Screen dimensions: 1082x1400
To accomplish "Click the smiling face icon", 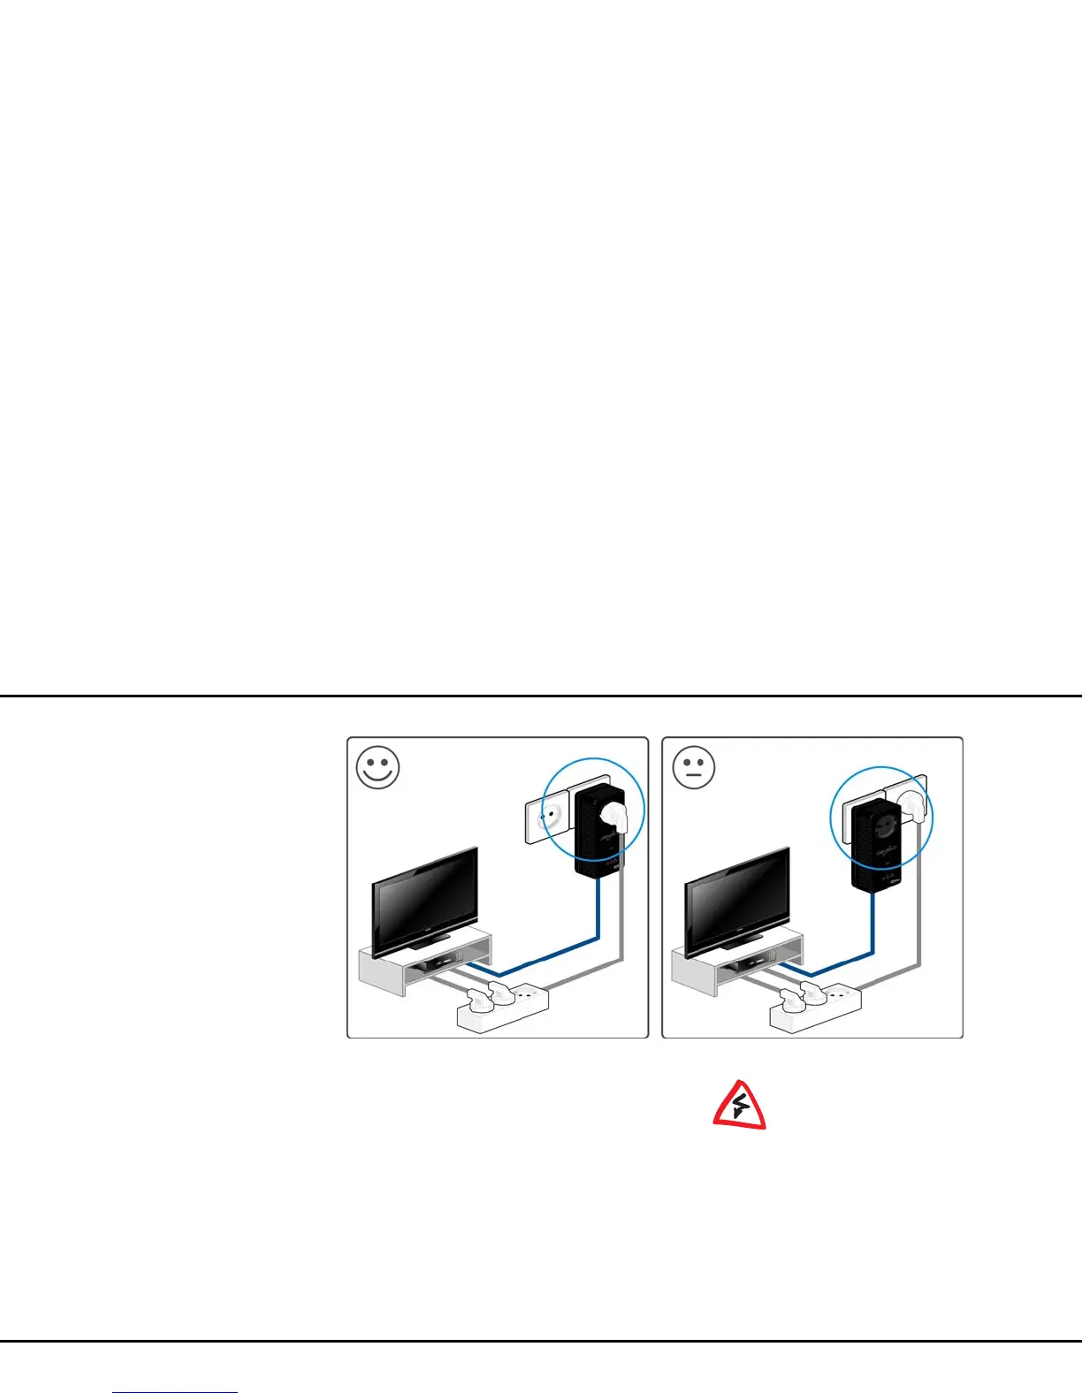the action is click(x=377, y=768).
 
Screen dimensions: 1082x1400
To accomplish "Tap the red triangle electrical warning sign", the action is click(x=740, y=1105).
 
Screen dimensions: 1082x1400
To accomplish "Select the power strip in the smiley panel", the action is click(x=502, y=1008).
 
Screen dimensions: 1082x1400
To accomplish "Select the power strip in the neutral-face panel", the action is click(x=815, y=1008).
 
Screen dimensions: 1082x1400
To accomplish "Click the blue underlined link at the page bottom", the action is click(x=176, y=1392).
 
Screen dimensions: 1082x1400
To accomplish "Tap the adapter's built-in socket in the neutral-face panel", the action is click(x=882, y=826).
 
